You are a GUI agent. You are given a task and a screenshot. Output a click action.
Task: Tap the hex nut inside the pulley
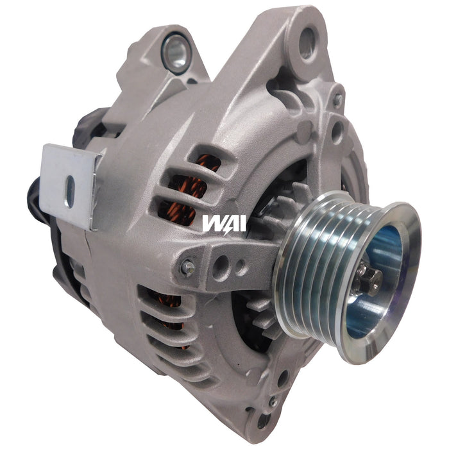tap(371, 277)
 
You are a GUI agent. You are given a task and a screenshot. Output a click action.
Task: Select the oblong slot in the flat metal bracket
tap(69, 187)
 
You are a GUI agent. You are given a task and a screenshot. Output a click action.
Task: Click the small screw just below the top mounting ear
tap(337, 101)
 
